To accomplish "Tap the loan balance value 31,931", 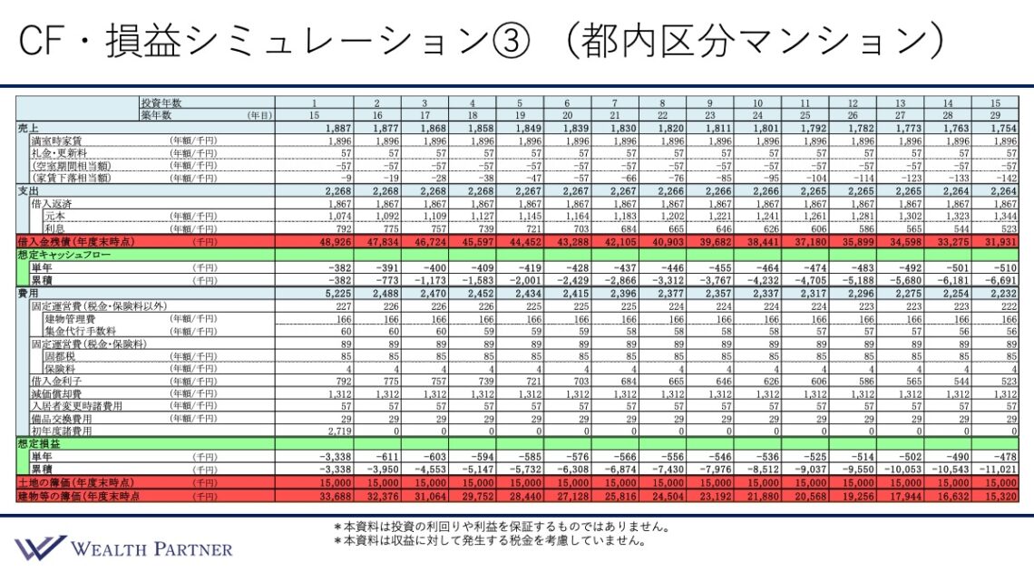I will click(x=1000, y=243).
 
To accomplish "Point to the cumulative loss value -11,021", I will click(x=999, y=470).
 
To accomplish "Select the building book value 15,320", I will click(x=1000, y=496).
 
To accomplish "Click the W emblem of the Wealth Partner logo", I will click(x=41, y=547).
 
